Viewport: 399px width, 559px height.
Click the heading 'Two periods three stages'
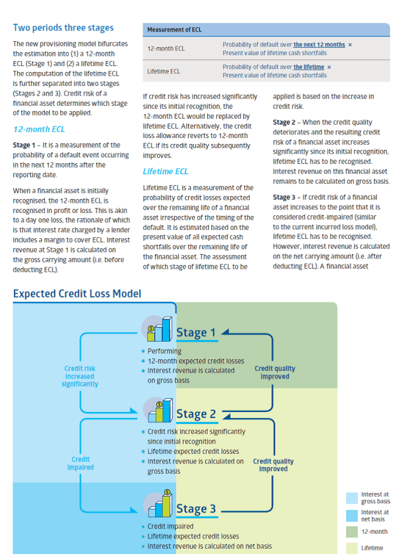click(63, 28)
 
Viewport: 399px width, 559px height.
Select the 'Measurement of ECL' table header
click(175, 29)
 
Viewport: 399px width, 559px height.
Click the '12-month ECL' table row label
click(166, 48)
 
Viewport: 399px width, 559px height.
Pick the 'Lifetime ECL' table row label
click(164, 71)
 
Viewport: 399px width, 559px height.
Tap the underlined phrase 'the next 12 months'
click(319, 45)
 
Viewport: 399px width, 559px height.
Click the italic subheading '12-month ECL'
click(39, 129)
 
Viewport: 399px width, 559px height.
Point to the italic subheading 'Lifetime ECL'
click(166, 172)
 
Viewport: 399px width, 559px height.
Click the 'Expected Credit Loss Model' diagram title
click(77, 294)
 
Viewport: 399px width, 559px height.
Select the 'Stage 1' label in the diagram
click(196, 332)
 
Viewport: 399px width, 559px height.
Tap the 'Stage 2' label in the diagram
click(196, 414)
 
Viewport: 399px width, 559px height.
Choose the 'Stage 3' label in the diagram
click(196, 509)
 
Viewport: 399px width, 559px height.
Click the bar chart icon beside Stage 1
click(158, 329)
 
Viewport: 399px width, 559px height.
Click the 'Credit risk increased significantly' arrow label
click(80, 376)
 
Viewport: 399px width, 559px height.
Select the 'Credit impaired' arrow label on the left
click(80, 463)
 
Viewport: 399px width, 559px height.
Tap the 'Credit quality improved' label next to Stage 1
click(275, 372)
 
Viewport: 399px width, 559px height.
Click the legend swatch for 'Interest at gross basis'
click(352, 498)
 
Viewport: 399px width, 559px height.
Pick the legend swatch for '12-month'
click(352, 531)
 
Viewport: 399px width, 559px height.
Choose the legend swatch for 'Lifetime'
click(352, 548)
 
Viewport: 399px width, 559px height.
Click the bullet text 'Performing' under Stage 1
click(164, 351)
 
